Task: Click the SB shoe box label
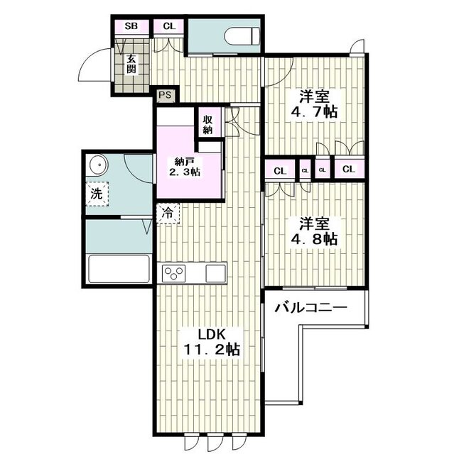coord(131,26)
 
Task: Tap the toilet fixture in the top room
coord(242,36)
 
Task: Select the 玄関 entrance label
coord(131,65)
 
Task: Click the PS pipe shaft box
coord(165,95)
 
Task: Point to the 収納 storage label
coord(208,125)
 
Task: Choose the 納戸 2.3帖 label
coord(185,167)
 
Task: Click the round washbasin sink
coord(98,165)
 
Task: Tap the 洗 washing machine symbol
coord(97,194)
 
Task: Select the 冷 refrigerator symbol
coord(168,214)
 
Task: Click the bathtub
coord(119,268)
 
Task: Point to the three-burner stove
coord(173,273)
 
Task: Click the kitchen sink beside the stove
coord(215,273)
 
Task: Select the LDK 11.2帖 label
coord(211,343)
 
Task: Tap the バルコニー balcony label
coord(311,307)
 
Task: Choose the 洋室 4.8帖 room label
coord(315,232)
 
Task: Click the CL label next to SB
coord(169,26)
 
